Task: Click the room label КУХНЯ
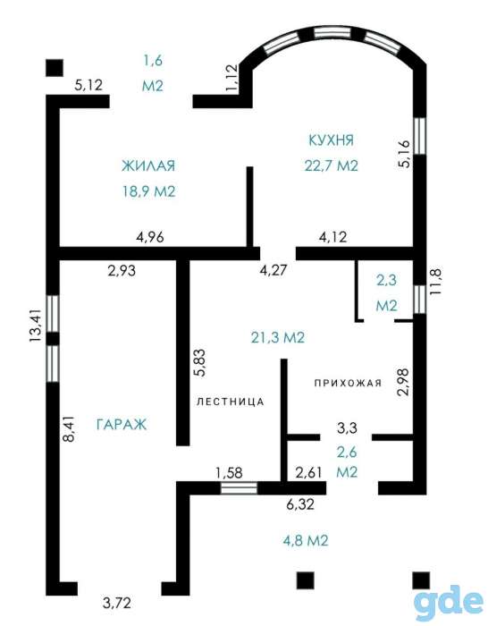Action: (332, 140)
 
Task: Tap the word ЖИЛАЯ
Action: (148, 165)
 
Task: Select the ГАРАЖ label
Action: (122, 424)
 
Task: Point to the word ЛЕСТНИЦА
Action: (231, 402)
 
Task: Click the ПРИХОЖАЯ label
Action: (348, 384)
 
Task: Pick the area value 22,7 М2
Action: (332, 165)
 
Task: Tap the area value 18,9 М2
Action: (149, 191)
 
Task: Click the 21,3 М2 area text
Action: (278, 338)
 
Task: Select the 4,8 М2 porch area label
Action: (306, 540)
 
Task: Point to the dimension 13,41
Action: (36, 326)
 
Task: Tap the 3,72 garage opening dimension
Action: (116, 603)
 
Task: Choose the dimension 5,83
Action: (199, 362)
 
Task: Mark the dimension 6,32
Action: (300, 504)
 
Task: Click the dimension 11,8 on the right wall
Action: (436, 281)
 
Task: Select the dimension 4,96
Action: (149, 237)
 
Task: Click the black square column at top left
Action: (55, 68)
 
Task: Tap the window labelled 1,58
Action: (239, 488)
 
